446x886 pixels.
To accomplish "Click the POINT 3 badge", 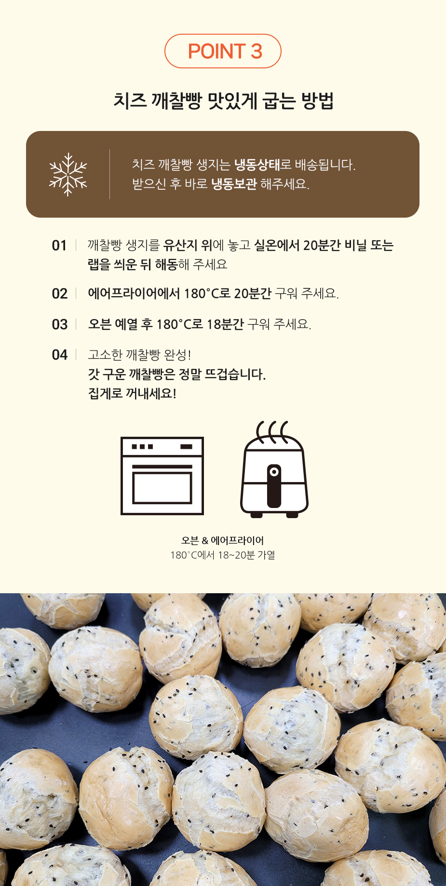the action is tap(223, 51).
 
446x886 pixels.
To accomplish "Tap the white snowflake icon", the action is tap(68, 174).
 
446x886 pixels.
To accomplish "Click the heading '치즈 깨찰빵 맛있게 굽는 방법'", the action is tap(223, 101).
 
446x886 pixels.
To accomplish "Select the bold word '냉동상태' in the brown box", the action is tap(257, 165).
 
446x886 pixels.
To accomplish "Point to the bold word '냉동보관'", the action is tap(234, 184).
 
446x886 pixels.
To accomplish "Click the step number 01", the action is tap(59, 246).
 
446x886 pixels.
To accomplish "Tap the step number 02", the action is tap(59, 294).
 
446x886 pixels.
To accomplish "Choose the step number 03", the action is tap(59, 325).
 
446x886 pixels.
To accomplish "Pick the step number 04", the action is tap(59, 355).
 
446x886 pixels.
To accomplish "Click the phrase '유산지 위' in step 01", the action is tap(188, 246).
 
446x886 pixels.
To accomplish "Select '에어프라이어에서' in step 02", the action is tap(134, 293).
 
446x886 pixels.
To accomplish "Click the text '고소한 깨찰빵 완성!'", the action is tap(139, 355).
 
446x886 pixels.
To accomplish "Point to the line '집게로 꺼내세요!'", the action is tap(132, 393).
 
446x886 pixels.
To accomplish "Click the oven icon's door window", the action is tap(162, 488).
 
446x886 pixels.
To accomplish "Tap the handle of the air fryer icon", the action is tap(274, 485).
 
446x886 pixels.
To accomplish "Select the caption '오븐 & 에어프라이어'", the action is tap(223, 541).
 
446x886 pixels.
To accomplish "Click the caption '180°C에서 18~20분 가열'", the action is tap(223, 555).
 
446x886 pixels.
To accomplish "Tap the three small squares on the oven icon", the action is tap(142, 447).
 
